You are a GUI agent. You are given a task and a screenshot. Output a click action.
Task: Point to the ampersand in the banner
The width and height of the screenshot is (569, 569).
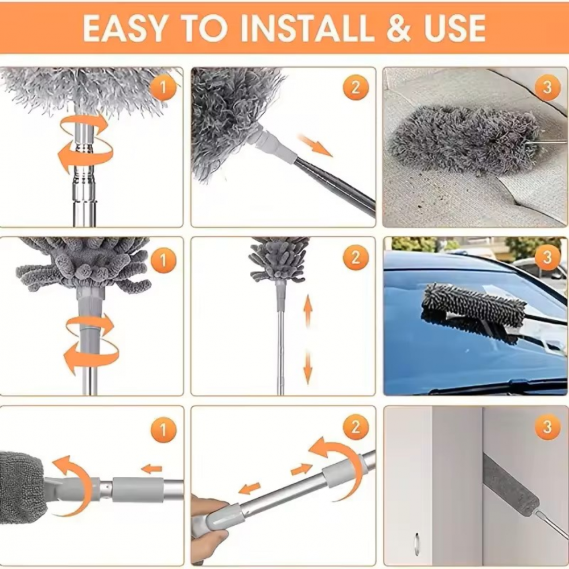[x=393, y=28]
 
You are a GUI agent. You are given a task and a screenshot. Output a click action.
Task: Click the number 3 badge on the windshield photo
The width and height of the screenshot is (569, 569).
[x=547, y=259]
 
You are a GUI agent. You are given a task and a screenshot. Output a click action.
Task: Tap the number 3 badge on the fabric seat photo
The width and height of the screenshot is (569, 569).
[x=547, y=88]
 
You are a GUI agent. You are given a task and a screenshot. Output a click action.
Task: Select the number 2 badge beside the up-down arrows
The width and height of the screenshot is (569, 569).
[x=356, y=259]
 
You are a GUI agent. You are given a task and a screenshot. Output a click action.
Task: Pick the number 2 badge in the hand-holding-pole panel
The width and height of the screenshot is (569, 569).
[x=356, y=428]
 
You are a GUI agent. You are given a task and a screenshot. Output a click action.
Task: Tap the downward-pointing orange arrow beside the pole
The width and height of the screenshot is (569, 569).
[x=308, y=367]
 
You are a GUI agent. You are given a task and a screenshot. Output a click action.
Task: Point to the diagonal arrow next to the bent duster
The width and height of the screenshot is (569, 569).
[x=315, y=146]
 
